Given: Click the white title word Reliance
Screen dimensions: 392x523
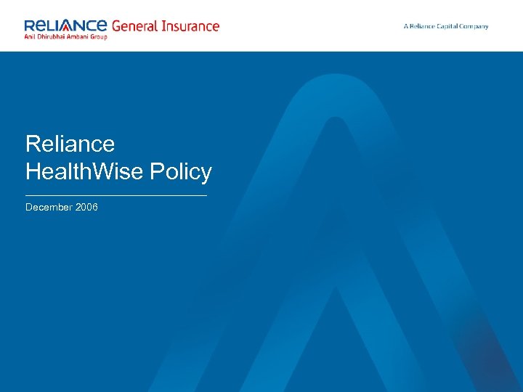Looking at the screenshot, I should pos(70,144).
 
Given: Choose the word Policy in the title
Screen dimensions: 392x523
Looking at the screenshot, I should pos(187,172).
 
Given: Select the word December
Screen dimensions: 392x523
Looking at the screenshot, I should pos(49,208).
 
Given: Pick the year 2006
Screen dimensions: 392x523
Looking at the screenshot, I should pos(86,208).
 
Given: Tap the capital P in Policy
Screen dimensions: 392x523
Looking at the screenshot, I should pos(169,172).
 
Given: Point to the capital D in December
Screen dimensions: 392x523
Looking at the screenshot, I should pos(29,208).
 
